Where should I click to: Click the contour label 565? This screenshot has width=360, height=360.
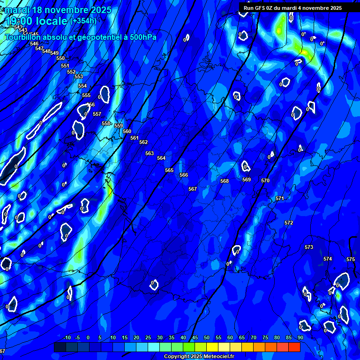pos(169,170)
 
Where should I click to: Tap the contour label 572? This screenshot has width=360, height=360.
pos(289,223)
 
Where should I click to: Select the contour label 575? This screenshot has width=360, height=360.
pos(351,259)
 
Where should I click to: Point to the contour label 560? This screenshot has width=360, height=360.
pos(127,131)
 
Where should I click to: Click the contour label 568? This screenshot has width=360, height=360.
pos(225,181)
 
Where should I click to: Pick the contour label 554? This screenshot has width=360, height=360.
pos(82,86)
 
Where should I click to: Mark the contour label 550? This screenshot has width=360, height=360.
pos(60,58)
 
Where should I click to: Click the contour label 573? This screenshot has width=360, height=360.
pos(308,247)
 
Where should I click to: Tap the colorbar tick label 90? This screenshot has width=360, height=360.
pos(300,337)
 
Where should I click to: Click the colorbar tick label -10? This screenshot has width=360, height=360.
pos(67,337)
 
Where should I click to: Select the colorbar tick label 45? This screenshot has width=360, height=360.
pos(195,337)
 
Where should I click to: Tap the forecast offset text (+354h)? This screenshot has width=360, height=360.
pos(83,21)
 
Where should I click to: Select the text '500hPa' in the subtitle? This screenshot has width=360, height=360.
pos(140,37)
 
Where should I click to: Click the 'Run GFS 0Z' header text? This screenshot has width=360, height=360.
pos(262,8)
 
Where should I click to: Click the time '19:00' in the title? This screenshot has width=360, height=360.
pos(22,21)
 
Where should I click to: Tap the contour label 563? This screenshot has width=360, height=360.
pos(150,153)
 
